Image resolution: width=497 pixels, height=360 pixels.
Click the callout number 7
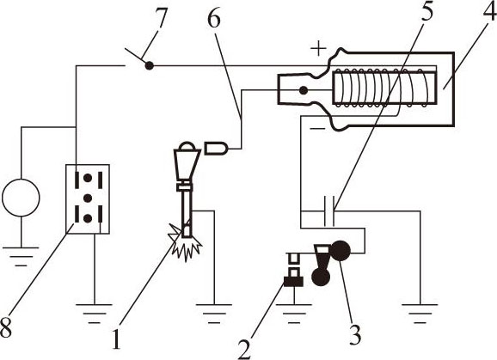coord(161,18)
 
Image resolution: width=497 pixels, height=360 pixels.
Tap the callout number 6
coord(214,18)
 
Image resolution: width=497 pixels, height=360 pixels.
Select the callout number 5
coord(427,11)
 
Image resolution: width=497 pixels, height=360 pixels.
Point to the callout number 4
coord(490,11)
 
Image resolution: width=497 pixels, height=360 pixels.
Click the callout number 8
coord(6,327)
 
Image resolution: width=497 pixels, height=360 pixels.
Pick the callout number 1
coord(117,339)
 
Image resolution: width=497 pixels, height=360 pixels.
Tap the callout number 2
coord(244,349)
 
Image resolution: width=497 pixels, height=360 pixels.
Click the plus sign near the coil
coord(318,49)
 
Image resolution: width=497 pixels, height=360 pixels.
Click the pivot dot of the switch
coord(149,66)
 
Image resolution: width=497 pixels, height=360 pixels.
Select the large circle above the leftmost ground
coord(21,198)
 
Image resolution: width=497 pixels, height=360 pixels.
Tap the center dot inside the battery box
coord(88,198)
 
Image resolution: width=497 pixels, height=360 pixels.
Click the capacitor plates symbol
coord(329,211)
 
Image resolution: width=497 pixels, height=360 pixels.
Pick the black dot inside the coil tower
coord(304,91)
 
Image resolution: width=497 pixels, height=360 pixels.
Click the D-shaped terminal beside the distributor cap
coord(217,148)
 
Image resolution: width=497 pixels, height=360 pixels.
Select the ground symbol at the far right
coord(420,314)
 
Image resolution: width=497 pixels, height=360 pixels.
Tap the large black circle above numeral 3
coord(341,251)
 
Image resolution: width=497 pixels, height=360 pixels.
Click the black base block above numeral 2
coord(293,281)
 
